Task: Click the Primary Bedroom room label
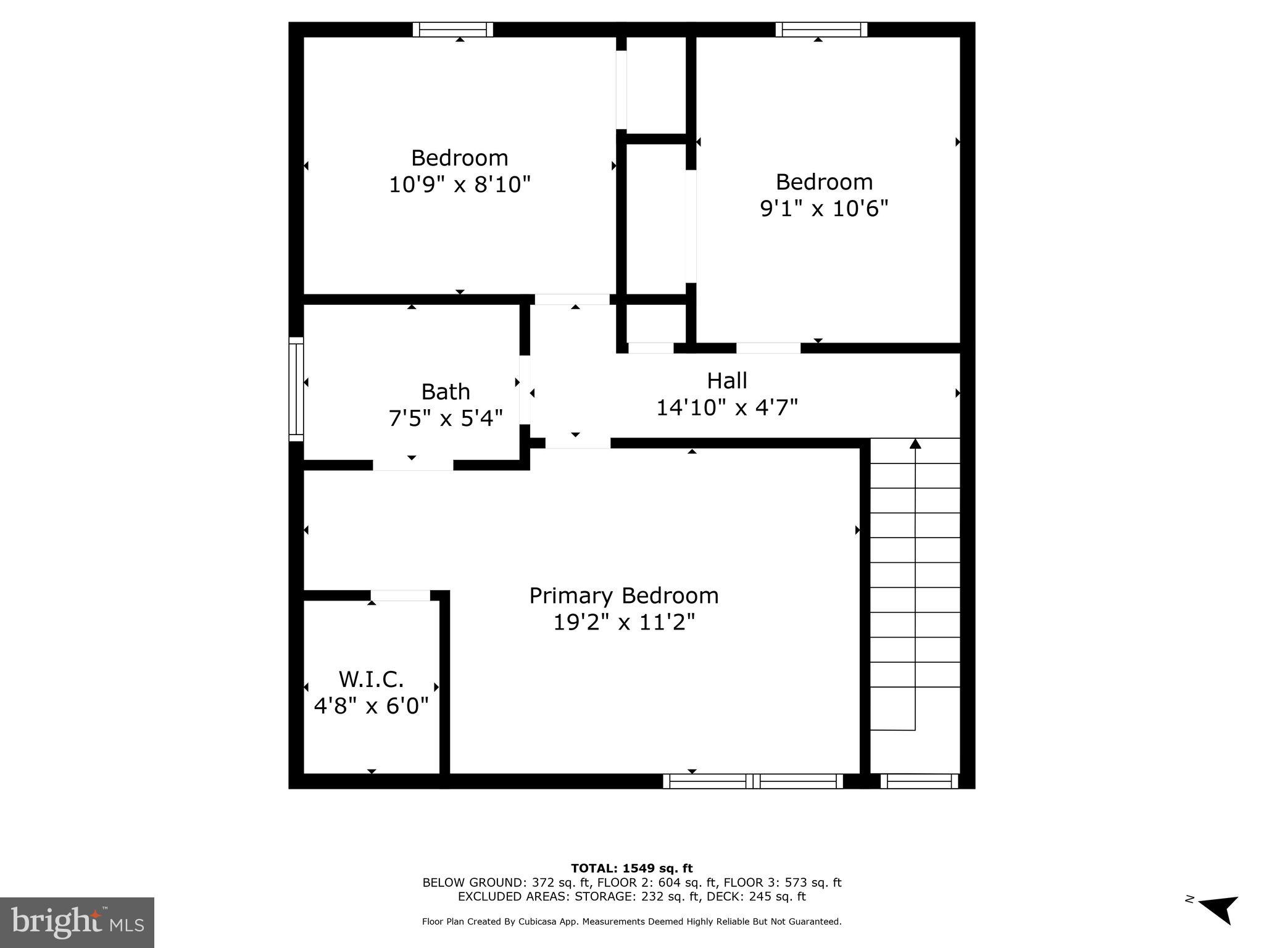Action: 624,596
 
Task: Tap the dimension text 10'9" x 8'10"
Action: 459,185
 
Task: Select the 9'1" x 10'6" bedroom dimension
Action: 823,209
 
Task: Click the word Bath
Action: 445,392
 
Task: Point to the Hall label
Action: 726,381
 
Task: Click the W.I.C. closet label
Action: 371,680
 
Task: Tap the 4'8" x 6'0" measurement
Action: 371,705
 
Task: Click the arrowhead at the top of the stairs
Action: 915,443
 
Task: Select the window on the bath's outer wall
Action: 296,389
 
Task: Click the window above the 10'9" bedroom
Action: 452,30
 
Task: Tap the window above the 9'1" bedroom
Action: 821,30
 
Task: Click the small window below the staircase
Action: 919,781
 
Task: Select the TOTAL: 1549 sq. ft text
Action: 631,868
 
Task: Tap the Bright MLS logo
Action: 77,922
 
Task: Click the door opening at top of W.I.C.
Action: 400,596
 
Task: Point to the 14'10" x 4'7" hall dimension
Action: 726,408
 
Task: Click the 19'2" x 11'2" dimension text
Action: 624,622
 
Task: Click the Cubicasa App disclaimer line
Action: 631,921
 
